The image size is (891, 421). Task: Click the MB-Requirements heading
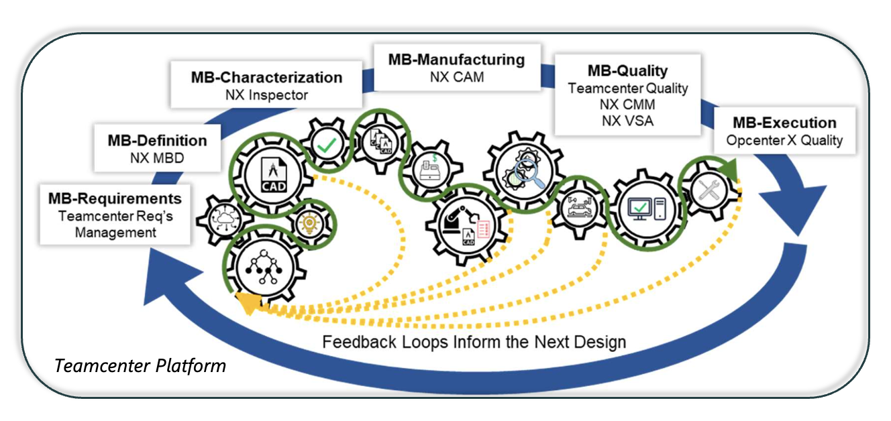[x=115, y=199]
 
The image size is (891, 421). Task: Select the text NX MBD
[x=157, y=158]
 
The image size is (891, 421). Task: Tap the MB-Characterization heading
[x=266, y=77]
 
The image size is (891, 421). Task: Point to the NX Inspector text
[x=266, y=95]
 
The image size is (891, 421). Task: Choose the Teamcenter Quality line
[x=627, y=88]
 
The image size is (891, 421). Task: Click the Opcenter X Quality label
[x=784, y=141]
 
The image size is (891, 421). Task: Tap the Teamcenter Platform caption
[x=140, y=366]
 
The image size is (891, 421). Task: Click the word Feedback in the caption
[x=353, y=342]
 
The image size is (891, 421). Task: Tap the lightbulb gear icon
[x=310, y=223]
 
